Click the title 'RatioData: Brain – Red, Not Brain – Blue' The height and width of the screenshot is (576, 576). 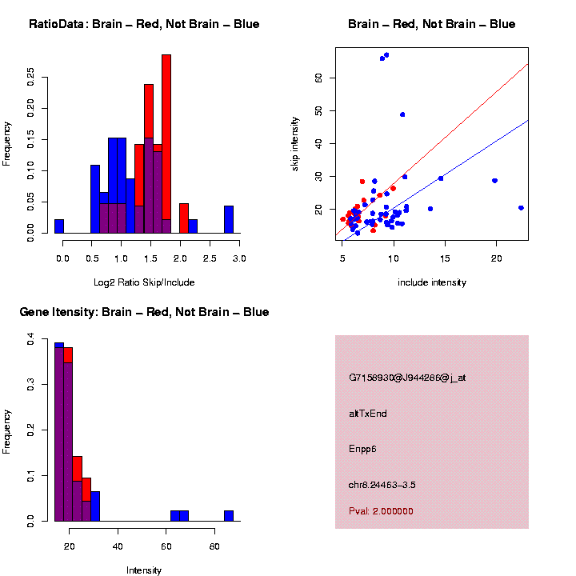pyautogui.click(x=144, y=24)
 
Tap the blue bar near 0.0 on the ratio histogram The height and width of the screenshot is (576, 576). pyautogui.click(x=59, y=226)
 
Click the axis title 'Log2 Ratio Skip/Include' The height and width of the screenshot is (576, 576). pyautogui.click(x=144, y=282)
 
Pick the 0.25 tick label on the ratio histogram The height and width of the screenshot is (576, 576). pyautogui.click(x=30, y=77)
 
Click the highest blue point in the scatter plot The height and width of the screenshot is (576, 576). pyautogui.click(x=386, y=55)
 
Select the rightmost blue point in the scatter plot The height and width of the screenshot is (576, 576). pyautogui.click(x=521, y=208)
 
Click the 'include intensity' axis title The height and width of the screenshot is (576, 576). pyautogui.click(x=432, y=282)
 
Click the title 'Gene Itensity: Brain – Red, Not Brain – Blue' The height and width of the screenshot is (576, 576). pyautogui.click(x=144, y=312)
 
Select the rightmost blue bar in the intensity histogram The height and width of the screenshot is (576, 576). pyautogui.click(x=229, y=516)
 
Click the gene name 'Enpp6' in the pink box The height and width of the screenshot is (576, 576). pyautogui.click(x=362, y=449)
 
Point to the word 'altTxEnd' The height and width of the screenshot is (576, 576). pyautogui.click(x=368, y=414)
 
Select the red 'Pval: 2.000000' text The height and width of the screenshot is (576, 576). pyautogui.click(x=381, y=511)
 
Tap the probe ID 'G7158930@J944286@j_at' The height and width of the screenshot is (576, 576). pyautogui.click(x=407, y=378)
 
